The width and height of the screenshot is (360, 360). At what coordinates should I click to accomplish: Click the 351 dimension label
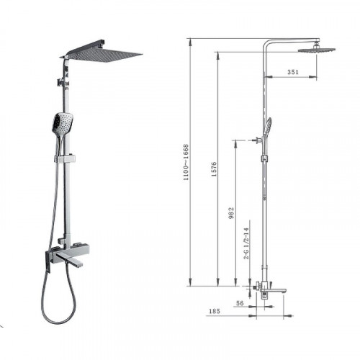(293, 72)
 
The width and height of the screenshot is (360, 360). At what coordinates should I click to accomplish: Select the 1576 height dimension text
(214, 169)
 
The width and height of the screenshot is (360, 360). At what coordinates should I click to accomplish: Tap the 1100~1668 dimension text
(186, 162)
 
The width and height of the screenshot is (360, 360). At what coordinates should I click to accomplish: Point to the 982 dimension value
(230, 213)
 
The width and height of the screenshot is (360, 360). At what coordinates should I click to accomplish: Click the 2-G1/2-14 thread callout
(246, 243)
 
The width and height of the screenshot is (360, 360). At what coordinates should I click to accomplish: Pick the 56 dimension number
(240, 303)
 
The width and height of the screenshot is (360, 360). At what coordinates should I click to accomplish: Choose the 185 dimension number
(215, 311)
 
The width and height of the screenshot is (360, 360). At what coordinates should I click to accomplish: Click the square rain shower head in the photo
(102, 54)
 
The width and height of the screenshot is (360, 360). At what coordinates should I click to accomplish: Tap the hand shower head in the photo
(62, 123)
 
